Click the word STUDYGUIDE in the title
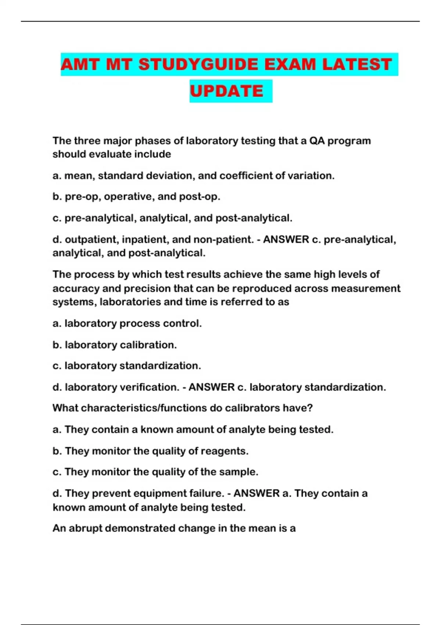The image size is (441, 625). (198, 65)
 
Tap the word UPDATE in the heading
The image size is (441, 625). (226, 91)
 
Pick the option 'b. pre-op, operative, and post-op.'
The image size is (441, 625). (136, 197)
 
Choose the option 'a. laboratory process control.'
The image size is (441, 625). (127, 324)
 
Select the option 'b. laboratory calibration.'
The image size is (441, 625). (115, 345)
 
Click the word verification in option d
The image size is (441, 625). (150, 387)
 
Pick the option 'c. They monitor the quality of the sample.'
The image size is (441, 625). (155, 472)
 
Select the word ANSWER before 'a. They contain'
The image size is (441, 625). (257, 493)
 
